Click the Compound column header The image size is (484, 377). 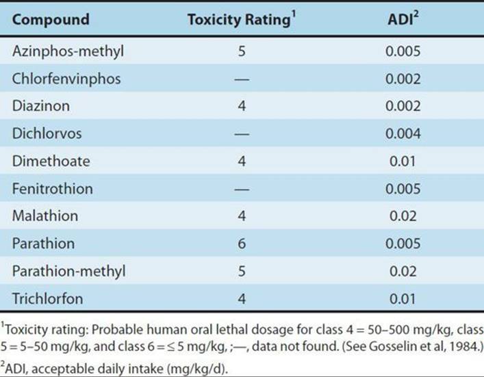click(x=51, y=19)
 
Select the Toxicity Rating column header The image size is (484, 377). click(x=242, y=19)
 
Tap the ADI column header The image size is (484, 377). click(x=403, y=19)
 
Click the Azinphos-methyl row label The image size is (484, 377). click(x=68, y=51)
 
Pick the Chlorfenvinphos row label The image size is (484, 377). click(x=66, y=79)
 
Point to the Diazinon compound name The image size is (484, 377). click(x=41, y=106)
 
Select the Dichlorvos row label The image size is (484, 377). click(x=47, y=133)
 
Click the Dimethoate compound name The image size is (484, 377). click(x=51, y=161)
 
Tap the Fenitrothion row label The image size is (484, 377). click(x=53, y=189)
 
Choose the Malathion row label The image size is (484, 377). click(x=45, y=216)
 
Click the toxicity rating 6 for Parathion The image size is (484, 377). click(x=242, y=244)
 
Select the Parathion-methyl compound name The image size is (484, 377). click(x=69, y=272)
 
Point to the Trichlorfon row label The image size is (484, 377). click(x=47, y=298)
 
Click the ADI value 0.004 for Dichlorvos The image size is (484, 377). click(x=403, y=134)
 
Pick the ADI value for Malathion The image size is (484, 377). click(x=403, y=216)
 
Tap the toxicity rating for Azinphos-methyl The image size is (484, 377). click(x=242, y=51)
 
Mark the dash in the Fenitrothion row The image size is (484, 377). click(x=242, y=189)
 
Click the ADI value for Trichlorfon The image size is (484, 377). click(x=403, y=299)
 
